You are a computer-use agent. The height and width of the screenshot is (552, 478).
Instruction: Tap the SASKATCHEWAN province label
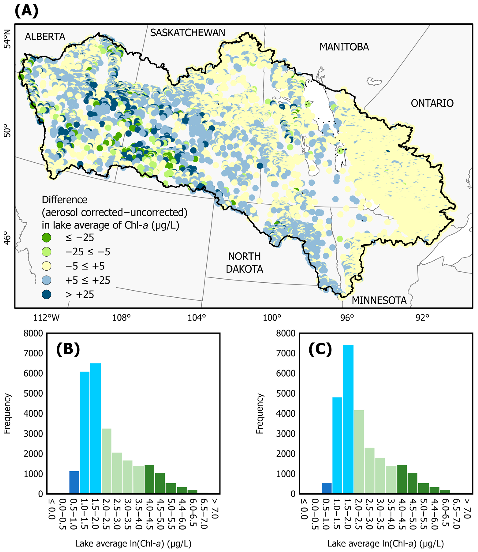[188, 33]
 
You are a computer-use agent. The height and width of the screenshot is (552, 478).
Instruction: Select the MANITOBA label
[344, 47]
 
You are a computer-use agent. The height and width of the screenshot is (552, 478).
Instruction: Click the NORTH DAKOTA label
[244, 262]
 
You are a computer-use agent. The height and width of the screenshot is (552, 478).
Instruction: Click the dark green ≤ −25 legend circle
[47, 237]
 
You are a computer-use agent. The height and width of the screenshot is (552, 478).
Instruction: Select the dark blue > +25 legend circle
[47, 294]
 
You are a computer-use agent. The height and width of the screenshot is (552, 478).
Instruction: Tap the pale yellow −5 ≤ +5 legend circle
[47, 266]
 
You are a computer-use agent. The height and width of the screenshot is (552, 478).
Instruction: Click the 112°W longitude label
[46, 318]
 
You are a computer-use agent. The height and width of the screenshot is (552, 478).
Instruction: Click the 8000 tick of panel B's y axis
[33, 333]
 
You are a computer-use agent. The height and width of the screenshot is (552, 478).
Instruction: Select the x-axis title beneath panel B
[133, 543]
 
